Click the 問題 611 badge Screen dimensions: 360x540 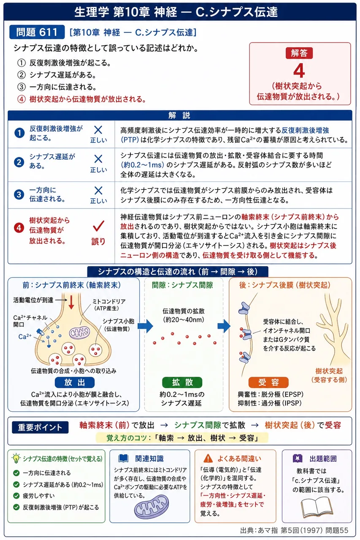[37, 32]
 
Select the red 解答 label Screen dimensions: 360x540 [299, 53]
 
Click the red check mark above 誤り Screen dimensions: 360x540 [98, 226]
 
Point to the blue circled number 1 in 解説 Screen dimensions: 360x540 [19, 133]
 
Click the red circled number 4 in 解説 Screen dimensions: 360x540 [19, 228]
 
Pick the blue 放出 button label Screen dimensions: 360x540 [75, 382]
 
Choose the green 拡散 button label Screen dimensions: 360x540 [182, 382]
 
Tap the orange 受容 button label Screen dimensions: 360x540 [268, 382]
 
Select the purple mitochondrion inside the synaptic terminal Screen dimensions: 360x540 [80, 333]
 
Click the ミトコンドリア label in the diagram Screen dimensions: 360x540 [109, 301]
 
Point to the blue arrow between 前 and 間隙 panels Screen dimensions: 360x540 [146, 326]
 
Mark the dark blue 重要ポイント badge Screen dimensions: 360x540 [40, 427]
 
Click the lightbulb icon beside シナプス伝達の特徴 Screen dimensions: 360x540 [16, 458]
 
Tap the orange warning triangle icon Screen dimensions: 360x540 [208, 458]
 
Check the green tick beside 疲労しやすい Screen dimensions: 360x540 [16, 496]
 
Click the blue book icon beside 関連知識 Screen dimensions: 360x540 [124, 458]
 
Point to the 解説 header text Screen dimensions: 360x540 [179, 116]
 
